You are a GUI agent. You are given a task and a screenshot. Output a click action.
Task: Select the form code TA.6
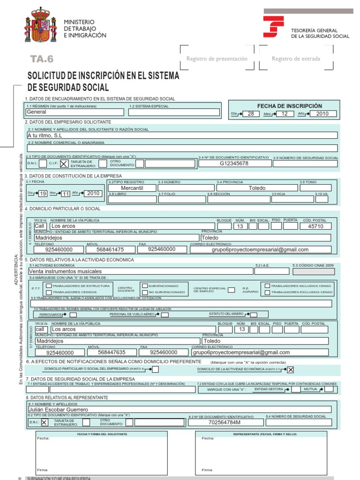click(x=42, y=59)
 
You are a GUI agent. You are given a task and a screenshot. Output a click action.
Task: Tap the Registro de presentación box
click(x=217, y=59)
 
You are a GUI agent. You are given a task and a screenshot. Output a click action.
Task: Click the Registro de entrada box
click(x=296, y=59)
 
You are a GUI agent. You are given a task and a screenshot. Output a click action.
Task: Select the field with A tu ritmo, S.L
click(x=182, y=135)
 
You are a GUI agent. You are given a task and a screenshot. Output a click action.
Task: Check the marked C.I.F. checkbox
click(x=63, y=164)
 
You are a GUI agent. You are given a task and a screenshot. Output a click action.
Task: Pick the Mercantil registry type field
click(x=132, y=188)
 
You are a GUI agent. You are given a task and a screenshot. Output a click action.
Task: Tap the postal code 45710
click(x=315, y=226)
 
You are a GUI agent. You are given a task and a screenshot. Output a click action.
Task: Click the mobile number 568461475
click(x=110, y=250)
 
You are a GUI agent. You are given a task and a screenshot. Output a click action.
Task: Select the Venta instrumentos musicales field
click(x=140, y=271)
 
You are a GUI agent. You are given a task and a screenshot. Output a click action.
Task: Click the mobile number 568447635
click(x=112, y=352)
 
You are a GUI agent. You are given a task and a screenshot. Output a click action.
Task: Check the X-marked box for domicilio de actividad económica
click(x=291, y=370)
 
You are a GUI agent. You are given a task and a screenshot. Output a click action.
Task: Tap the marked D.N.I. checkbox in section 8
click(x=44, y=422)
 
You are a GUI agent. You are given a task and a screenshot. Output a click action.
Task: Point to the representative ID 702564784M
click(x=224, y=422)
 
